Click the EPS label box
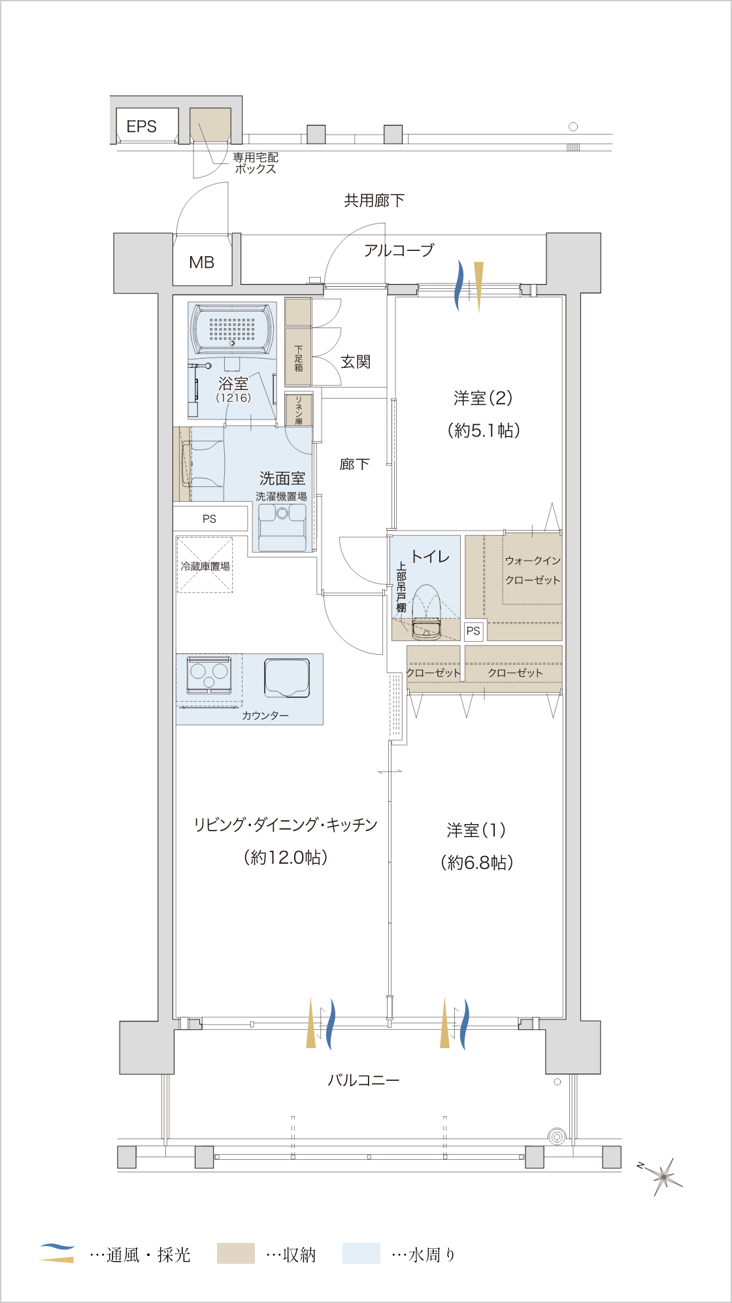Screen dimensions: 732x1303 click(x=147, y=125)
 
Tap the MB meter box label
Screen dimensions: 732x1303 click(x=202, y=263)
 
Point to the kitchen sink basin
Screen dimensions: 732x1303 click(x=287, y=678)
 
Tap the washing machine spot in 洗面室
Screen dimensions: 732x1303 click(x=282, y=527)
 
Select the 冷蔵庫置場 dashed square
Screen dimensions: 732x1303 click(x=205, y=565)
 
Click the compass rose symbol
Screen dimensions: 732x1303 click(x=662, y=1176)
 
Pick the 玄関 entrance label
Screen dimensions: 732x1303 click(x=356, y=361)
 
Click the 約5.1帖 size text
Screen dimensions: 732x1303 click(x=484, y=430)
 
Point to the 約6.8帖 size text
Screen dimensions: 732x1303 click(x=477, y=862)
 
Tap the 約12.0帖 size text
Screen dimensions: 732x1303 click(x=286, y=857)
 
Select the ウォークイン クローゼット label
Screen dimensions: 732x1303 click(x=533, y=570)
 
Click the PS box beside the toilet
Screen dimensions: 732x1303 click(x=473, y=631)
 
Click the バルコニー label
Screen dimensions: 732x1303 click(x=363, y=1080)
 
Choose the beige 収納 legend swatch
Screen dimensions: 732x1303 click(x=235, y=1253)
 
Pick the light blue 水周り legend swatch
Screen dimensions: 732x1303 click(x=361, y=1253)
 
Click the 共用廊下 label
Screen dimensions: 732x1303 click(x=374, y=201)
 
